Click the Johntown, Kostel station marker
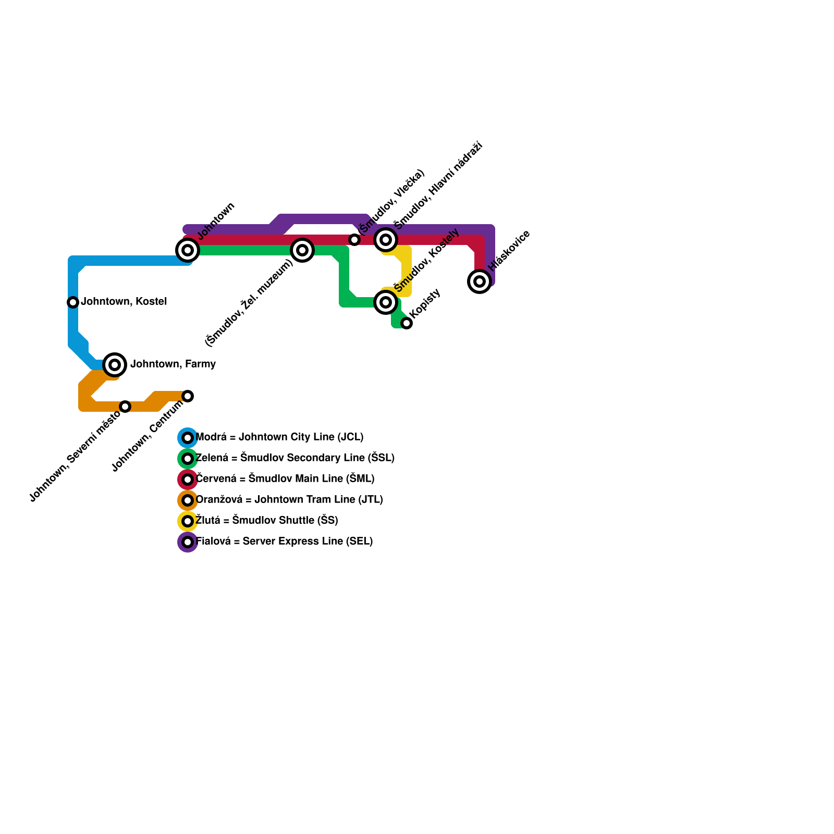(x=73, y=302)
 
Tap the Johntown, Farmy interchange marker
(x=115, y=364)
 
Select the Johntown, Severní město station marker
(x=125, y=407)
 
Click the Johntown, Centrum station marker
(x=188, y=396)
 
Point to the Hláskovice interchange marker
(x=480, y=281)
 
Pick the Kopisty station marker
(x=407, y=323)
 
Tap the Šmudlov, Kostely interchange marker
(x=386, y=302)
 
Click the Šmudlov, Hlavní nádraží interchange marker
(x=386, y=240)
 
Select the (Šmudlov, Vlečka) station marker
(x=354, y=240)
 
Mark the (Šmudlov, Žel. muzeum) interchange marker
(x=302, y=250)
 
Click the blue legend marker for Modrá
(x=188, y=438)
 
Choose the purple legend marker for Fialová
(x=188, y=542)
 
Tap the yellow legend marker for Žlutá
(x=188, y=521)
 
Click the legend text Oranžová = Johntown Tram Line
(x=289, y=500)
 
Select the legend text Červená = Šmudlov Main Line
(x=285, y=479)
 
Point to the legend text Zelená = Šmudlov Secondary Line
(x=295, y=458)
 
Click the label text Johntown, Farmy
(x=173, y=364)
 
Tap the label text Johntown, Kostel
(x=124, y=302)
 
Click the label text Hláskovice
(x=509, y=250)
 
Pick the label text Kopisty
(x=426, y=303)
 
